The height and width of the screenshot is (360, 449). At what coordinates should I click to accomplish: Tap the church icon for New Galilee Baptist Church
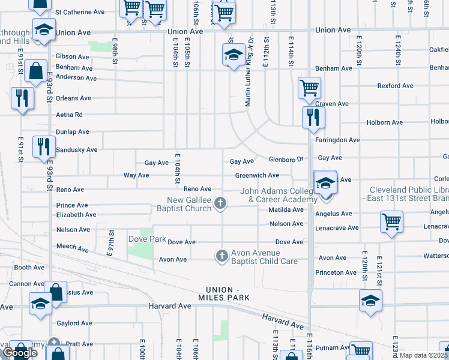point(221,204)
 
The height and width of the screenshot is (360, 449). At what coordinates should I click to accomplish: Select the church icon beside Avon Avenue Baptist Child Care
point(221,256)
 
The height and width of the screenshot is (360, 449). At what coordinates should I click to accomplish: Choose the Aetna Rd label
point(69,115)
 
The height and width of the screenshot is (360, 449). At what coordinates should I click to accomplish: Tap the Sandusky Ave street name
point(76,149)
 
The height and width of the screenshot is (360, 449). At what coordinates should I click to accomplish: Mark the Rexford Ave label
point(395,86)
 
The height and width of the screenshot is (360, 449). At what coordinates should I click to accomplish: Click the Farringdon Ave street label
point(337,140)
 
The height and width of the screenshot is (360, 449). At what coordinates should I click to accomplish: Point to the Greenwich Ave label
point(257,175)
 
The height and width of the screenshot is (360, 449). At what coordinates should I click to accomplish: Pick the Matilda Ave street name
point(286,209)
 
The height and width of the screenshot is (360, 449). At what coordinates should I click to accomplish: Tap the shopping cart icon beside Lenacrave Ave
point(391,221)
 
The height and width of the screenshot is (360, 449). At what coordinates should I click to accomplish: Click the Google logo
point(20,353)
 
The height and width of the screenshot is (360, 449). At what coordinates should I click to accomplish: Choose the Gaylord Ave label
point(74,323)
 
